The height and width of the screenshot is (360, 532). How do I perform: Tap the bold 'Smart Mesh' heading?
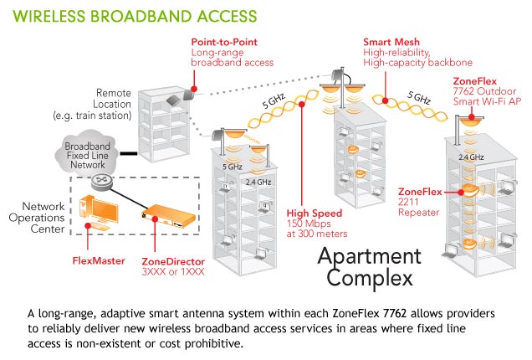(x=390, y=40)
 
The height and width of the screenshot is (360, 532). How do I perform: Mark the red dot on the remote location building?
(x=195, y=86)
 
